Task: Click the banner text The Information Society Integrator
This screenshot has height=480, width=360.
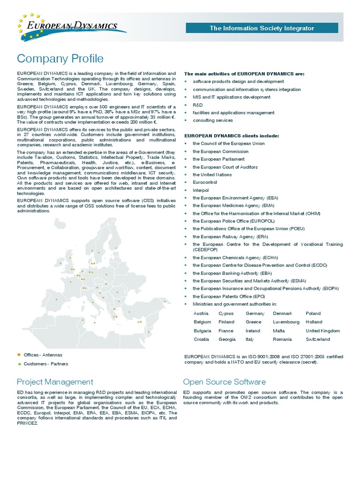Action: point(262,29)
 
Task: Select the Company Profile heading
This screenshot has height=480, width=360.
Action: point(60,59)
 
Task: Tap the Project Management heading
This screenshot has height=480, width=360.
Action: point(55,382)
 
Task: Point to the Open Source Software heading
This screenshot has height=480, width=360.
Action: point(224,382)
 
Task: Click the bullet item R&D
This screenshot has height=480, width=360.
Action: point(198,105)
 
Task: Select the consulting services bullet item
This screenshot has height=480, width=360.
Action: point(213,120)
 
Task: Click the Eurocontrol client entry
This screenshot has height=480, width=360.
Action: point(204,182)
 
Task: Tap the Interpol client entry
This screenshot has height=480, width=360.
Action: point(201,190)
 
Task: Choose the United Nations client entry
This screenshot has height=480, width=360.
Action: point(212,175)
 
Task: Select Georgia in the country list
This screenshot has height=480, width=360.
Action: point(227,339)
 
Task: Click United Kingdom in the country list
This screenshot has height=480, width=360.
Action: point(322,330)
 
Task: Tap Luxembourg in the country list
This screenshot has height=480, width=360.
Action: point(286,322)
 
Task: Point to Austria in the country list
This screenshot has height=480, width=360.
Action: point(201,313)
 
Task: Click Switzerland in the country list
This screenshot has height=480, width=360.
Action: point(318,339)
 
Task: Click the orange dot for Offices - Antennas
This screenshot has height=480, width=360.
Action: point(19,355)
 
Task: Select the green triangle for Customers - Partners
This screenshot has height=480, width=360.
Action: point(19,364)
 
